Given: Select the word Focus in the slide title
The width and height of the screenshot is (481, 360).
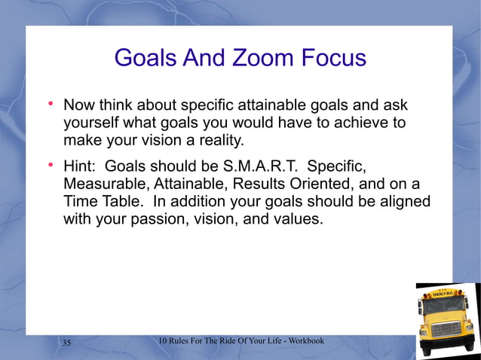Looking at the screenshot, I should click(x=325, y=57).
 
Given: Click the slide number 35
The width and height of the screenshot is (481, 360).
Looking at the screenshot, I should click(x=66, y=343).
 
